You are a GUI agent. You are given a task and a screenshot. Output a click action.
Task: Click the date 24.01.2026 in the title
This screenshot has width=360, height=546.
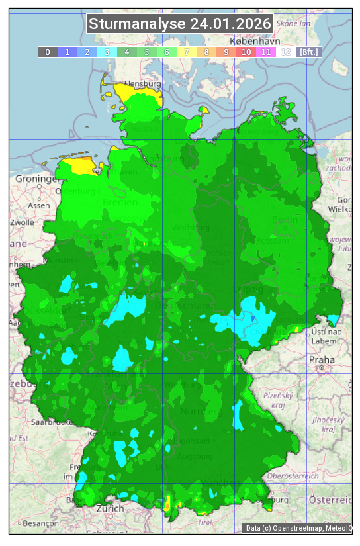pos(230,24)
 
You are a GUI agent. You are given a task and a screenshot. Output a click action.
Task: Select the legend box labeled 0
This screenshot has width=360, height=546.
pos(48,52)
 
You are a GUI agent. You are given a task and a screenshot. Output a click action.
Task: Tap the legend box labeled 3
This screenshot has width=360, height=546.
pos(107,52)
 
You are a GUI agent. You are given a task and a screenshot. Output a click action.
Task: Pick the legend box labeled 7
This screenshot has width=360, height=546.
pos(187,52)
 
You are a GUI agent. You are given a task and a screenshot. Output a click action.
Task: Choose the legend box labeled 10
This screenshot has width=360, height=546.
pos(246,52)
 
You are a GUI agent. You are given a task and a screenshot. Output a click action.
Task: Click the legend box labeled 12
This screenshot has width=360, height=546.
pos(286,52)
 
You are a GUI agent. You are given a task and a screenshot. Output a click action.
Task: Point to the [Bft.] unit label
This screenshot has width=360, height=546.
pos(309,52)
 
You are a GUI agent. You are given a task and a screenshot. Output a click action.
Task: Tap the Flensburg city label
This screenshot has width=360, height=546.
pos(143,85)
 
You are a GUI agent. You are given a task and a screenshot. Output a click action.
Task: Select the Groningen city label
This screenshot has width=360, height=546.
pos(37,179)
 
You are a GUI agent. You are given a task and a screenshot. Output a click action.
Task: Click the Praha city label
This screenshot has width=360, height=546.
pos(322,359)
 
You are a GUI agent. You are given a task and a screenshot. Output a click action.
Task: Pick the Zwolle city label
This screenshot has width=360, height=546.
pos(22,222)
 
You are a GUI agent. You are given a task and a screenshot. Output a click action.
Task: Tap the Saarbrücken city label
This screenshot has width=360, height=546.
pos(52,422)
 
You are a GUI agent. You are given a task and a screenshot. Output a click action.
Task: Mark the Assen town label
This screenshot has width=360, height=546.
pos(39,205)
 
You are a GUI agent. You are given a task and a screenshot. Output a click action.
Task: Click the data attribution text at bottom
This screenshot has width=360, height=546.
pos(298,528)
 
